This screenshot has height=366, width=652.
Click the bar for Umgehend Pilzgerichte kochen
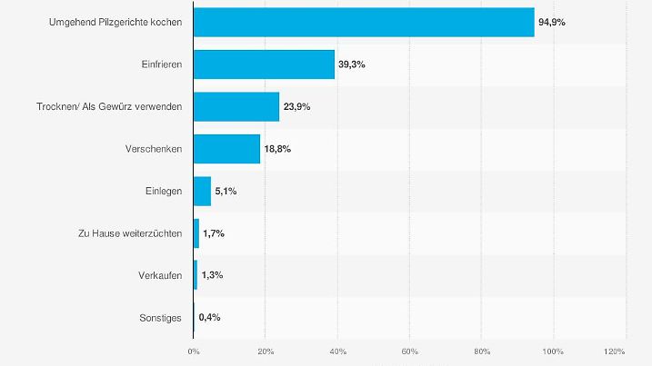tap(364, 22)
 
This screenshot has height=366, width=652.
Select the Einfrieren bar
tap(264, 64)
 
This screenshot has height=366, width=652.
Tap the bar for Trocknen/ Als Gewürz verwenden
tap(236, 106)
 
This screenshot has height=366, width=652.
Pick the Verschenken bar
tap(226, 148)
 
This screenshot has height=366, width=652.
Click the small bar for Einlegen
tap(202, 191)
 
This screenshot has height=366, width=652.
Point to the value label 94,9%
tap(552, 22)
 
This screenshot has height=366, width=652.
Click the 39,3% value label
tap(352, 64)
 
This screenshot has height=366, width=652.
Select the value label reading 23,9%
tap(296, 106)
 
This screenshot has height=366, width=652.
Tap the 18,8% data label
tap(277, 149)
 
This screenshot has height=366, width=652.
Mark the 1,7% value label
tap(214, 233)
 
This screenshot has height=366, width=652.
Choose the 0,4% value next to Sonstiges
tap(209, 318)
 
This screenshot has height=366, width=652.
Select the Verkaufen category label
tap(155, 275)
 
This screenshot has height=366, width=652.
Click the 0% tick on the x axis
tap(194, 351)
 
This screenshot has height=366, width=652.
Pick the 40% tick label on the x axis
tap(337, 351)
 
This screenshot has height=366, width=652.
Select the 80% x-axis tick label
tap(481, 351)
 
